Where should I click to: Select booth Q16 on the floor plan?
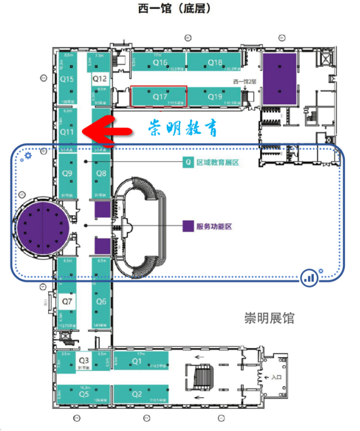[x=160, y=63]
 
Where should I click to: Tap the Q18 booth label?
[x=215, y=63]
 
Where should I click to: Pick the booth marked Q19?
[x=215, y=97]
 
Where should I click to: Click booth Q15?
[x=67, y=79]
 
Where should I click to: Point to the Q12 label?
[x=99, y=79]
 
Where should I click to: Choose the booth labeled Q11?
[x=67, y=132]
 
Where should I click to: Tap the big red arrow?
[x=106, y=130]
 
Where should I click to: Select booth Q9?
[x=67, y=173]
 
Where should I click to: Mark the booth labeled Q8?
[x=101, y=173]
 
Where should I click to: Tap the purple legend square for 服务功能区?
[x=188, y=226]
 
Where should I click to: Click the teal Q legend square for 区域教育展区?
[x=188, y=162]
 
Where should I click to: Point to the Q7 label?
[x=67, y=300]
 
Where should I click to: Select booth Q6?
[x=101, y=301]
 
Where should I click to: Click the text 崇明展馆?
[x=269, y=318]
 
